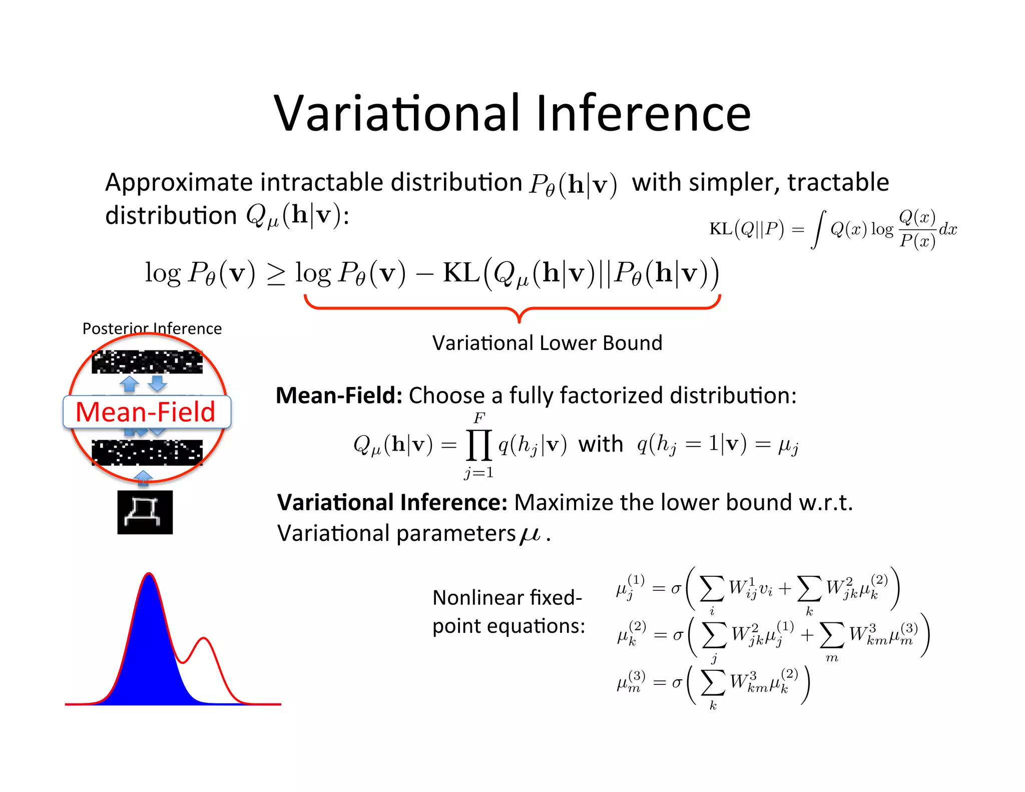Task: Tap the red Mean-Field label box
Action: click(x=147, y=412)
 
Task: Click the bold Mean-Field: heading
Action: click(x=339, y=395)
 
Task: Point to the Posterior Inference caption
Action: click(x=152, y=328)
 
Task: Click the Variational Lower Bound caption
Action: click(x=547, y=343)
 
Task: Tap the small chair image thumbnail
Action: click(x=145, y=512)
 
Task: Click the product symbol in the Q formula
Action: click(x=479, y=445)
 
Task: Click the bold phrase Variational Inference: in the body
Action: click(x=392, y=503)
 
